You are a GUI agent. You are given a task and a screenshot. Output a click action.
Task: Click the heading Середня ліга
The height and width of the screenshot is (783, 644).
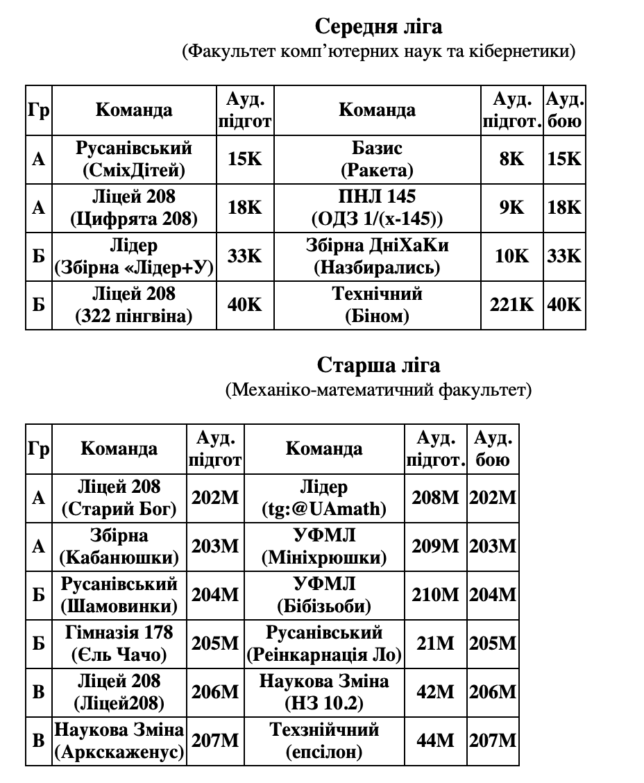[378, 26]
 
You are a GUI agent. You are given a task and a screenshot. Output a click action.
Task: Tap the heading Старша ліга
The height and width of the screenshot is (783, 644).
[378, 364]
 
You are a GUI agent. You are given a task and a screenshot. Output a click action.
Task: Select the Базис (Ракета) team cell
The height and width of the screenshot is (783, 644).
[377, 159]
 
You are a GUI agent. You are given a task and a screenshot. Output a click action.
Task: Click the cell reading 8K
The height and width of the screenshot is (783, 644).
[511, 159]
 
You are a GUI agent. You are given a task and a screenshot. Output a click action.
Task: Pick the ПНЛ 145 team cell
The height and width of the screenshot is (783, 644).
[377, 208]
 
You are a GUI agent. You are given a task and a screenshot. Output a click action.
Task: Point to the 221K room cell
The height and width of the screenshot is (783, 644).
[511, 305]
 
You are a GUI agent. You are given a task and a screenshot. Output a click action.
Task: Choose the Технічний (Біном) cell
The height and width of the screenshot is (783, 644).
[377, 305]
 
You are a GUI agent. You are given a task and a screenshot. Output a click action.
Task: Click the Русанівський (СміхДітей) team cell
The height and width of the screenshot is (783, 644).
[134, 159]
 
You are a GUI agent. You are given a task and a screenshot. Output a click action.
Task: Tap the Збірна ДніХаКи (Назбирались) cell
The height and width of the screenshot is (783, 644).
[377, 256]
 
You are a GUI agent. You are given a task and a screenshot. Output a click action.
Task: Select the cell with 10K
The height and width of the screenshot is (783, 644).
[511, 256]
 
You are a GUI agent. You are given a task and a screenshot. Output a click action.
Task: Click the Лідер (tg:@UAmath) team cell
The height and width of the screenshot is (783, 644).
[323, 498]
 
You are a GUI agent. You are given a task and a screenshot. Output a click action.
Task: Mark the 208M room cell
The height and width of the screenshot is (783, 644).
[435, 498]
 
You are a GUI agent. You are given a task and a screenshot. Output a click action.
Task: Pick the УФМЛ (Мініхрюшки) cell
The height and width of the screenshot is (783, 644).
[323, 547]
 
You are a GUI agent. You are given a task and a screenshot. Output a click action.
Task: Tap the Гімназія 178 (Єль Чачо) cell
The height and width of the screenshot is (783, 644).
[119, 644]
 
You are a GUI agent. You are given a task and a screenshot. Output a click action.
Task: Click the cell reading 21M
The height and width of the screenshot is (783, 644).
[435, 644]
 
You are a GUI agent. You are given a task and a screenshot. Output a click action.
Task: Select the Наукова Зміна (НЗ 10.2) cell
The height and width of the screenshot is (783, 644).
[323, 693]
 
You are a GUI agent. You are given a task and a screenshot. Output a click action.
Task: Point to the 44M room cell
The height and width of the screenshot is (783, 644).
[435, 741]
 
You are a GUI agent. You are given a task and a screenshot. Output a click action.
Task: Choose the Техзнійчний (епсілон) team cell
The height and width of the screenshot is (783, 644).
[323, 741]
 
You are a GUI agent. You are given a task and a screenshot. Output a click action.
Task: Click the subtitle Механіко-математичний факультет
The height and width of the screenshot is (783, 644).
[378, 390]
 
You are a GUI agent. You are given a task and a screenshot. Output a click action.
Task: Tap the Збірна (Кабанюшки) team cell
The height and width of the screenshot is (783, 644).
[119, 547]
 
